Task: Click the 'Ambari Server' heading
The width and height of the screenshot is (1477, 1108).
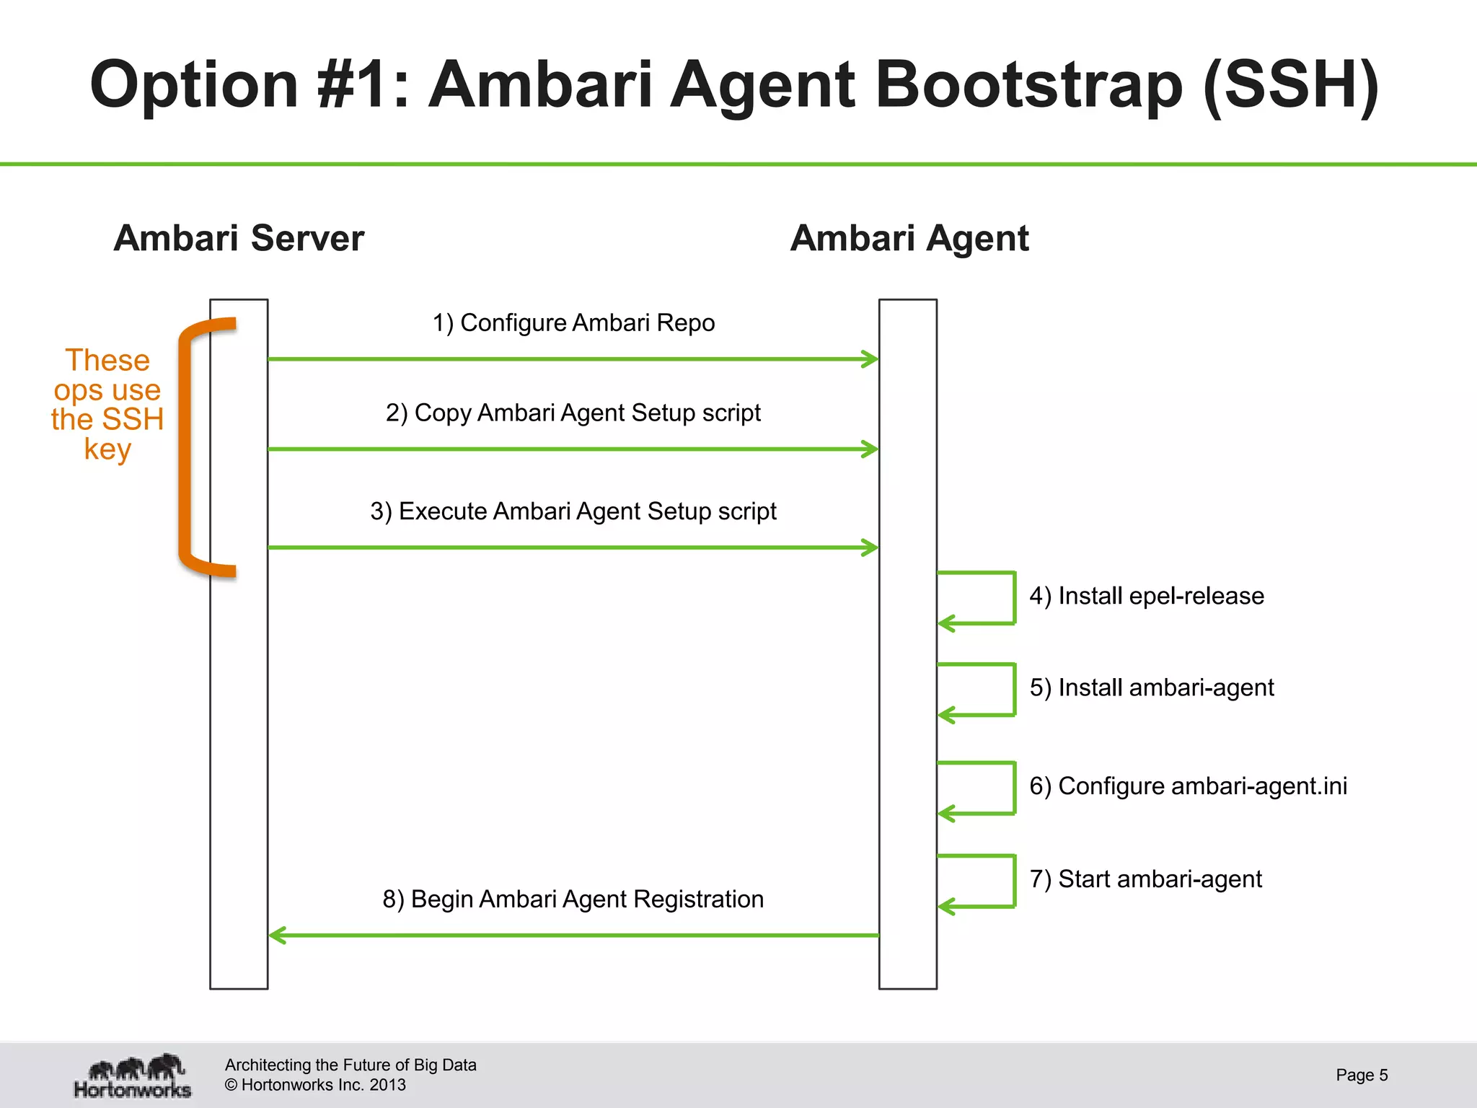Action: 239,238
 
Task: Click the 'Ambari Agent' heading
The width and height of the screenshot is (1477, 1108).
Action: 909,238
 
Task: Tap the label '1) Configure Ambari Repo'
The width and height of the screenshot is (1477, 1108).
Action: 573,322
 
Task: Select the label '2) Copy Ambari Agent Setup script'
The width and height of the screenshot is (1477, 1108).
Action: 573,413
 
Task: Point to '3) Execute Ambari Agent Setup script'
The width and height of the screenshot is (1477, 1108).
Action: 573,511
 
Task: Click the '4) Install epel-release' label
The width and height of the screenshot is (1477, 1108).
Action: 1147,596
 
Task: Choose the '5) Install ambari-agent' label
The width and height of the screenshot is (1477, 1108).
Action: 1152,687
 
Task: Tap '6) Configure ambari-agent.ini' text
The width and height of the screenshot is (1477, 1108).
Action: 1188,786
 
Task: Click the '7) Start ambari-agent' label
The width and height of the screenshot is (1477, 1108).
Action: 1145,879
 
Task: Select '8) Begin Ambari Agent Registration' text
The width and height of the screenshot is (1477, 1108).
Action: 573,899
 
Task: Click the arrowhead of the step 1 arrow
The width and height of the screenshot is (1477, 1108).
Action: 870,359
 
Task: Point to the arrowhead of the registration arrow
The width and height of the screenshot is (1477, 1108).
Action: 278,935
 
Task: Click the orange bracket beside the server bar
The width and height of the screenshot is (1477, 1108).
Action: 185,447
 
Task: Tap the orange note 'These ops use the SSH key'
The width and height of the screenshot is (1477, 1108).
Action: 107,404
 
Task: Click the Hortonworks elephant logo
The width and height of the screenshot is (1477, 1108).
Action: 133,1075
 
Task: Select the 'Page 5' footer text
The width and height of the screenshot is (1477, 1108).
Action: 1362,1075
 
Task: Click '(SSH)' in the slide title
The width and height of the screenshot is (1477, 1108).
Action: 1291,84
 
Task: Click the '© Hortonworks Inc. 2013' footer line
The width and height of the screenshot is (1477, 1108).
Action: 315,1085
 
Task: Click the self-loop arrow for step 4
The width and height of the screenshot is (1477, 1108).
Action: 1013,597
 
